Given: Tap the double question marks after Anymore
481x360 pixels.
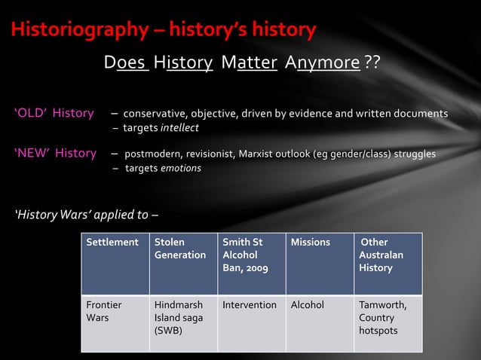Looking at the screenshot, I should [x=372, y=61].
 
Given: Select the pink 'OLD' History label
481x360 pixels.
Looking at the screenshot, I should [x=54, y=114].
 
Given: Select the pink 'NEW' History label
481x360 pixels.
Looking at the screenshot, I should [x=55, y=154].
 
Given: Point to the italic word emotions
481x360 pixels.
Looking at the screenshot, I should [x=180, y=168].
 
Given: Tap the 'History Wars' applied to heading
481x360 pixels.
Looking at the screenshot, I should [x=86, y=215].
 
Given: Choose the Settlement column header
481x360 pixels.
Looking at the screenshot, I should [x=112, y=243].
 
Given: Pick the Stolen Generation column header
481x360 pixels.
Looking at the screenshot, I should [x=180, y=249].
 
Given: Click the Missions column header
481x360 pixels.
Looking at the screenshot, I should [x=311, y=243].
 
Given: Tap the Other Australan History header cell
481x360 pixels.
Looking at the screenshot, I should [x=381, y=255].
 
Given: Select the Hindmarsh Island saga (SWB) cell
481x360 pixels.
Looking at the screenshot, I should [x=179, y=317].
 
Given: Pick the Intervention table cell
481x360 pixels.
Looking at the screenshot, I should [x=250, y=305].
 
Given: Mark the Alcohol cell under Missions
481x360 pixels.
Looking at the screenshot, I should [x=308, y=305].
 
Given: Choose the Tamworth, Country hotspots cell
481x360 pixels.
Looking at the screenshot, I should [x=382, y=317].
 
